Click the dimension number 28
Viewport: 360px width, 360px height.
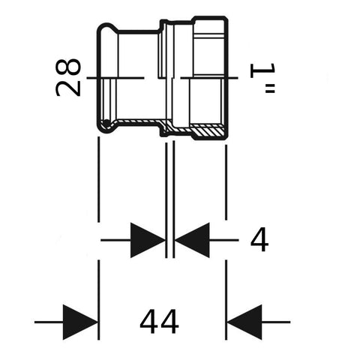coord(68,77)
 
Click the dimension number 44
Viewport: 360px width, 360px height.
coord(160,322)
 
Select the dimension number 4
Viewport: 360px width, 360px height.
coord(259,240)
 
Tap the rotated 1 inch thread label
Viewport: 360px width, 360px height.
coord(263,78)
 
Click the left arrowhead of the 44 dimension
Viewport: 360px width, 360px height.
coord(80,322)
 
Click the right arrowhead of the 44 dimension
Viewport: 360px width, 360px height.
coord(244,322)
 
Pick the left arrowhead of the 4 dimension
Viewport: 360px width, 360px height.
coord(148,240)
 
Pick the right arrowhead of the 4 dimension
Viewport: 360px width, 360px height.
coord(192,240)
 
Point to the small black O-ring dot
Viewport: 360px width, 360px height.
coord(106,123)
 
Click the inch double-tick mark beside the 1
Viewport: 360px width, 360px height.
coord(270,88)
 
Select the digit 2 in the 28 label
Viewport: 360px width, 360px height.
coord(68,88)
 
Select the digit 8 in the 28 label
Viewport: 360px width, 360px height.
coord(68,67)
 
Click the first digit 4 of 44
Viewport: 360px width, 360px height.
coord(149,322)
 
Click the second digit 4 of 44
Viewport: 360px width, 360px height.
coord(169,322)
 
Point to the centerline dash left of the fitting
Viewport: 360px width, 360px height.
coord(115,78)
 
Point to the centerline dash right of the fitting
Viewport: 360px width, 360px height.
coord(209,78)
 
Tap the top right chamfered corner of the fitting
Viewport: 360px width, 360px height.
coord(226,19)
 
